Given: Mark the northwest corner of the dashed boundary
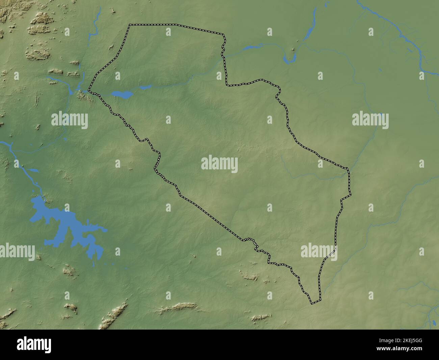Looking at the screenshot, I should click(129, 25).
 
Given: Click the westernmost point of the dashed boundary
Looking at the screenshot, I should click(88, 90).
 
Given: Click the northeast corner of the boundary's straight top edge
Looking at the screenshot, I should click(224, 34).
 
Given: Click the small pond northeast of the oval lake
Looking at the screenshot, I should click(146, 88).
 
